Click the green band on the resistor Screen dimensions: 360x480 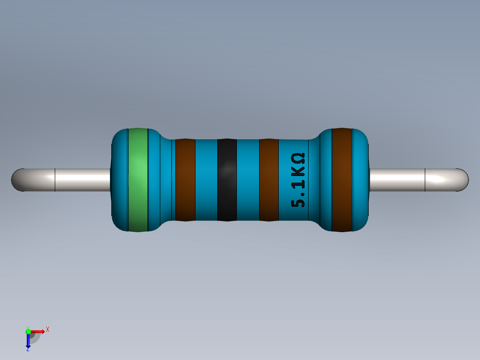coord(138,180)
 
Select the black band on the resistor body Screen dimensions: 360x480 coord(227,180)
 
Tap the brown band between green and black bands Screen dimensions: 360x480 coord(185,180)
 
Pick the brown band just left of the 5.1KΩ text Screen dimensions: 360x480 coord(268,180)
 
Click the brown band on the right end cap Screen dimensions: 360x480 coord(342,180)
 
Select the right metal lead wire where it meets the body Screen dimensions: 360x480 coord(374,180)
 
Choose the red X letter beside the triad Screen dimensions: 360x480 coord(47,330)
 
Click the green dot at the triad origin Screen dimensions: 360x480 coord(28,331)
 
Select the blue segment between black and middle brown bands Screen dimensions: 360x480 coord(248,180)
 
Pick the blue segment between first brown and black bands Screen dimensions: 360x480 coord(206,180)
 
